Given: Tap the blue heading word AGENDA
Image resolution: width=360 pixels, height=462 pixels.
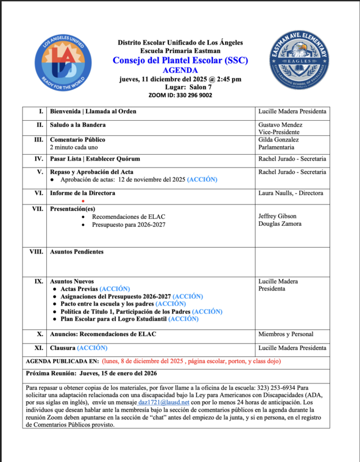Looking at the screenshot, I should click(180, 70).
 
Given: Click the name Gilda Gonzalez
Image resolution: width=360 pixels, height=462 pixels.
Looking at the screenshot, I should click(279, 139).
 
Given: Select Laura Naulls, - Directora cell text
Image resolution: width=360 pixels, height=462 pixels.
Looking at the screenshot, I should click(290, 193).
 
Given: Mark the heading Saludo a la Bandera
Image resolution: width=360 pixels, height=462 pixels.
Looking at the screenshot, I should click(82, 124).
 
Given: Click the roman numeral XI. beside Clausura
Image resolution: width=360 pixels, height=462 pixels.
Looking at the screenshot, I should click(39, 348).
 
